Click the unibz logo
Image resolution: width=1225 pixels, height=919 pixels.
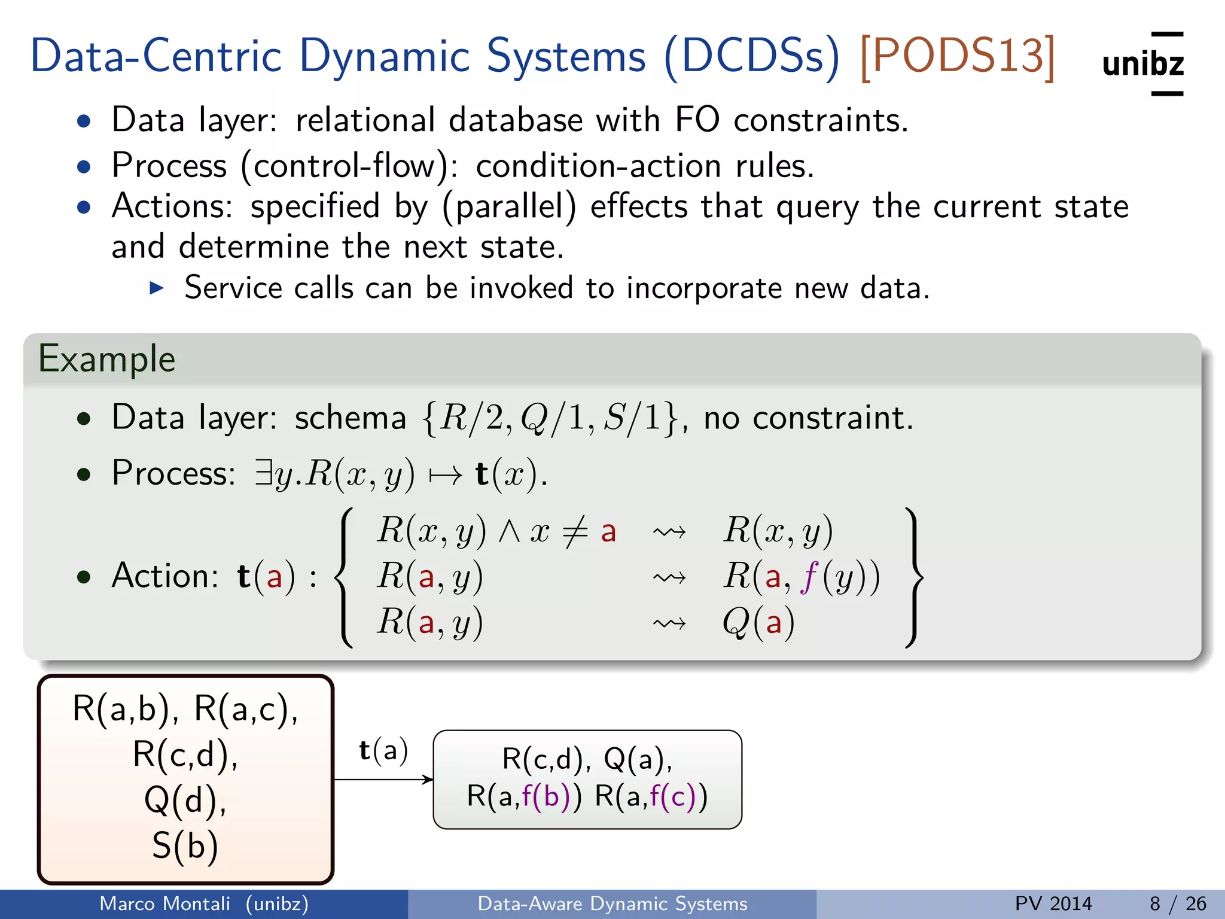click(x=1142, y=63)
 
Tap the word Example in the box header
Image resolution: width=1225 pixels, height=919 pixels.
click(x=106, y=359)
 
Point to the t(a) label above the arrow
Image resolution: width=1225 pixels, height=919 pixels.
click(x=383, y=750)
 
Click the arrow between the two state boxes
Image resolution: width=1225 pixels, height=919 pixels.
click(x=383, y=780)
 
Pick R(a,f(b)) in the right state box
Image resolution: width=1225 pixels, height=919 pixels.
click(x=523, y=796)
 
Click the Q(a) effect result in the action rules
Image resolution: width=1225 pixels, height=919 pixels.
click(x=758, y=622)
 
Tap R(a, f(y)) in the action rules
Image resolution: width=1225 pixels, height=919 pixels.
click(x=802, y=577)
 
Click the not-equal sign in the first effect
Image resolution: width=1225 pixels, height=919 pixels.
click(x=575, y=531)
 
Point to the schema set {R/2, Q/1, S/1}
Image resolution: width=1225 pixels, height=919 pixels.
click(x=550, y=418)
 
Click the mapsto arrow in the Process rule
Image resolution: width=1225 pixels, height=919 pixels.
click(x=446, y=475)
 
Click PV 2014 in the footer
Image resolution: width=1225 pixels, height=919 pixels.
click(x=1053, y=903)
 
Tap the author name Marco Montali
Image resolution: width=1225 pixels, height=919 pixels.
click(x=164, y=903)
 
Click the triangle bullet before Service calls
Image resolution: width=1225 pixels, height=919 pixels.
click(x=157, y=288)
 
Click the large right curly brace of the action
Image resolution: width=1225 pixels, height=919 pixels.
click(x=914, y=577)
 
